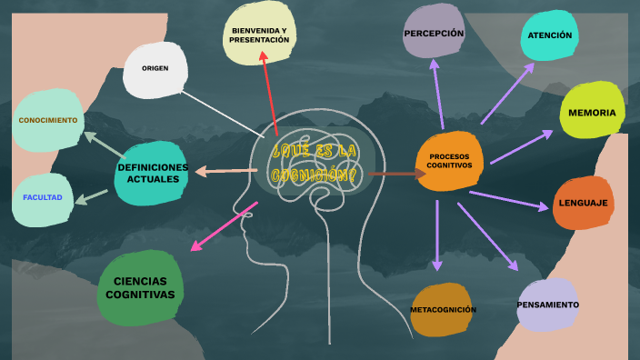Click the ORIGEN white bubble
tap(155, 69)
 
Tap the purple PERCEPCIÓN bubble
tap(434, 32)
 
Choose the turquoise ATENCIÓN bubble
tap(549, 35)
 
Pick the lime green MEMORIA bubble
tap(591, 112)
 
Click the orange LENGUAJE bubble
tap(583, 202)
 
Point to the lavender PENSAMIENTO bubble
tap(547, 305)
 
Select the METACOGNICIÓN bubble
tap(442, 309)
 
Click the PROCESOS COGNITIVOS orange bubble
tap(448, 161)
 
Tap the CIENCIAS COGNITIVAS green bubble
tap(139, 288)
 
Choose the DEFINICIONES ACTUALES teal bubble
tap(152, 173)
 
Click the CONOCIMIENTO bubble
tap(48, 119)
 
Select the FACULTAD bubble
tap(43, 197)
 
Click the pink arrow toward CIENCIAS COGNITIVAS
tap(224, 227)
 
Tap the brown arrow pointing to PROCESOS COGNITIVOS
tap(391, 173)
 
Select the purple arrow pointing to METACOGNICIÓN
tap(437, 235)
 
